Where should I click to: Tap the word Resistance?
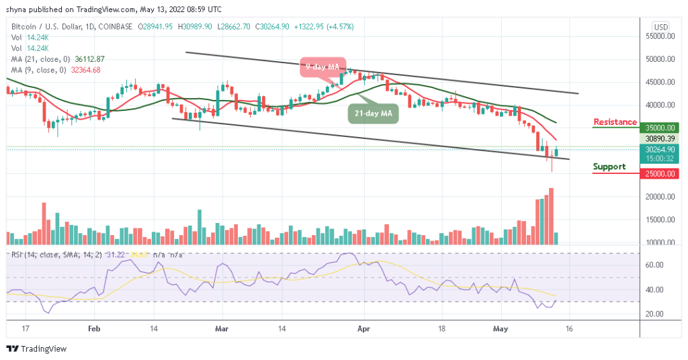[615, 122]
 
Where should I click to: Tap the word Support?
[609, 167]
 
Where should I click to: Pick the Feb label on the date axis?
[94, 330]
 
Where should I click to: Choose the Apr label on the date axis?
[363, 330]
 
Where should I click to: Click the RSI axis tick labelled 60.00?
[656, 265]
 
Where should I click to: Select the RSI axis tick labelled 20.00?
[656, 314]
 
